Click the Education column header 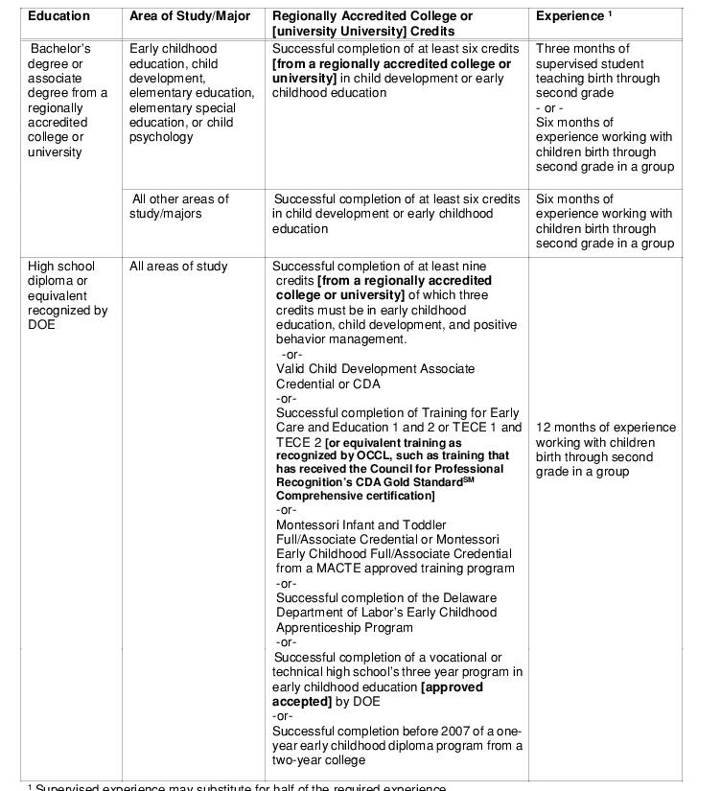point(58,16)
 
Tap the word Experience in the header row point(568,16)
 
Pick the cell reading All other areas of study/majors point(181,206)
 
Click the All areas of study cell point(178,267)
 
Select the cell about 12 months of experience point(605,450)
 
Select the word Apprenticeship point(326,628)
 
